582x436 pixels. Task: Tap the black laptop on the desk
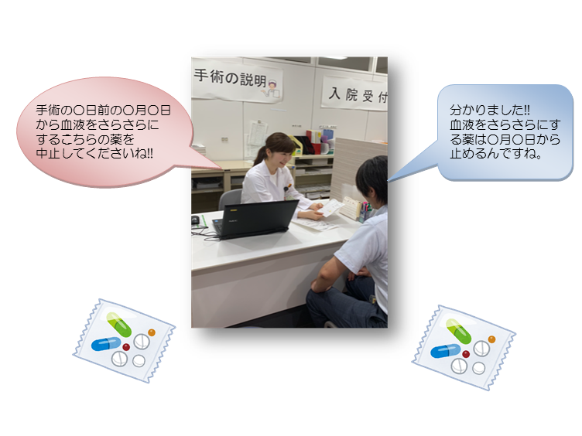click(255, 219)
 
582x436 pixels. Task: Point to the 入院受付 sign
click(355, 94)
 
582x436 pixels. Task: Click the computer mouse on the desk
click(195, 220)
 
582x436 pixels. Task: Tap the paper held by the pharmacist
click(327, 208)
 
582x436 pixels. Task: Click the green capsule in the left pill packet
click(119, 325)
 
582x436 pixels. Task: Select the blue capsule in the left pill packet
click(106, 344)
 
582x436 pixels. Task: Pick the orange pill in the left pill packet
click(152, 332)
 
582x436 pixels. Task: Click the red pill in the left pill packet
click(126, 347)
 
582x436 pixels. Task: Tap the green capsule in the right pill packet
click(458, 331)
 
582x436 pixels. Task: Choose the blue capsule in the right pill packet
click(446, 351)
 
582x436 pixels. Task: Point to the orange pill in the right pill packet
click(491, 339)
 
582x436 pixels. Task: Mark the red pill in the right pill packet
click(466, 354)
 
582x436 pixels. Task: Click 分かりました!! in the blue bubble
click(490, 110)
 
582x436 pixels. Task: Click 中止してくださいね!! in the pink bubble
click(94, 153)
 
